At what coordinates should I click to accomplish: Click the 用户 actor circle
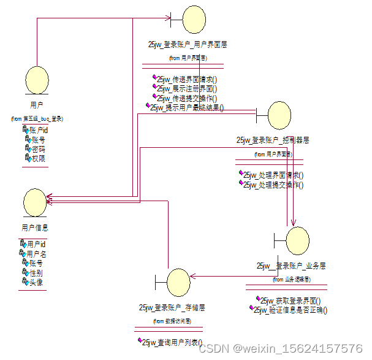[37, 81]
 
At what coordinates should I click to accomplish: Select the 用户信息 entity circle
[35, 202]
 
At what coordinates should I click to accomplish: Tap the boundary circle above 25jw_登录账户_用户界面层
[195, 20]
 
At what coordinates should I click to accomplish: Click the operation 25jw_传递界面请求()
[186, 79]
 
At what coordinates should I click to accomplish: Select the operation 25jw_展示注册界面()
[186, 88]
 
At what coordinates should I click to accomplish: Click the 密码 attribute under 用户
[38, 149]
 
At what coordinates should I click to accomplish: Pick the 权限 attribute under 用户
[38, 158]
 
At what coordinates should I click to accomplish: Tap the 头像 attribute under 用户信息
[36, 282]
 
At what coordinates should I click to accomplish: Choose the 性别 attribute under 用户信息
[36, 273]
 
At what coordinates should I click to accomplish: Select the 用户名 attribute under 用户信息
[37, 254]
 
